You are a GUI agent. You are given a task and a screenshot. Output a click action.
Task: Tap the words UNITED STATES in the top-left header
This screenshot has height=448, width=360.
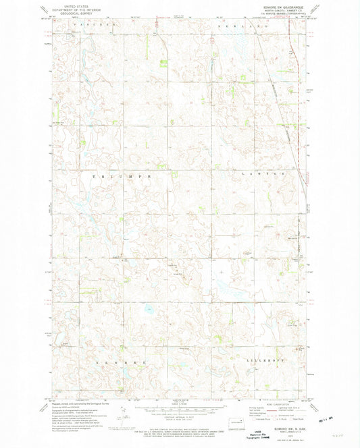tap(72, 5)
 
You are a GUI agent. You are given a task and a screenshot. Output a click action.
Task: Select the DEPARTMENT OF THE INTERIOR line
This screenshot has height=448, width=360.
tap(72, 9)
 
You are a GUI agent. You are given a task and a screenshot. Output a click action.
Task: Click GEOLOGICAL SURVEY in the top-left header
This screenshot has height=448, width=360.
tap(72, 13)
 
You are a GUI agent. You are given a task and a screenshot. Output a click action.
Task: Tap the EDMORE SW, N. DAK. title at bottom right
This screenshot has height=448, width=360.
tap(282, 425)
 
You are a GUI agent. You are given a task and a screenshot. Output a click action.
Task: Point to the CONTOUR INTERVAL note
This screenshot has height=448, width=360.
tap(178, 414)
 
